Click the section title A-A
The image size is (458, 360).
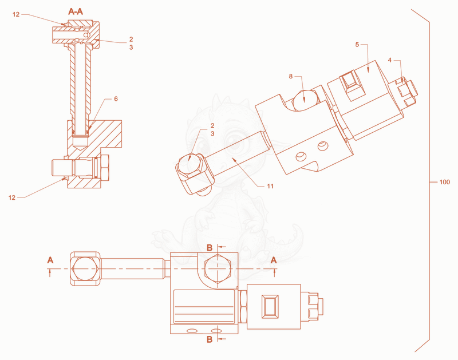click(x=76, y=11)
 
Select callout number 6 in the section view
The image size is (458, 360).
click(x=116, y=99)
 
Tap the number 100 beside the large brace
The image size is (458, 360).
click(x=445, y=182)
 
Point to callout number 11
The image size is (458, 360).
click(x=270, y=186)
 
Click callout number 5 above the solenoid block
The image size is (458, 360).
click(x=357, y=45)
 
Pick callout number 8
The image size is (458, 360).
click(x=291, y=76)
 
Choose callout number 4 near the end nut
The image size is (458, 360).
click(x=390, y=60)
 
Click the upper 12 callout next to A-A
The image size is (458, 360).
click(x=16, y=14)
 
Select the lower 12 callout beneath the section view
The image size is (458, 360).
click(x=11, y=197)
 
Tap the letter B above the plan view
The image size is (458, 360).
click(x=210, y=248)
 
